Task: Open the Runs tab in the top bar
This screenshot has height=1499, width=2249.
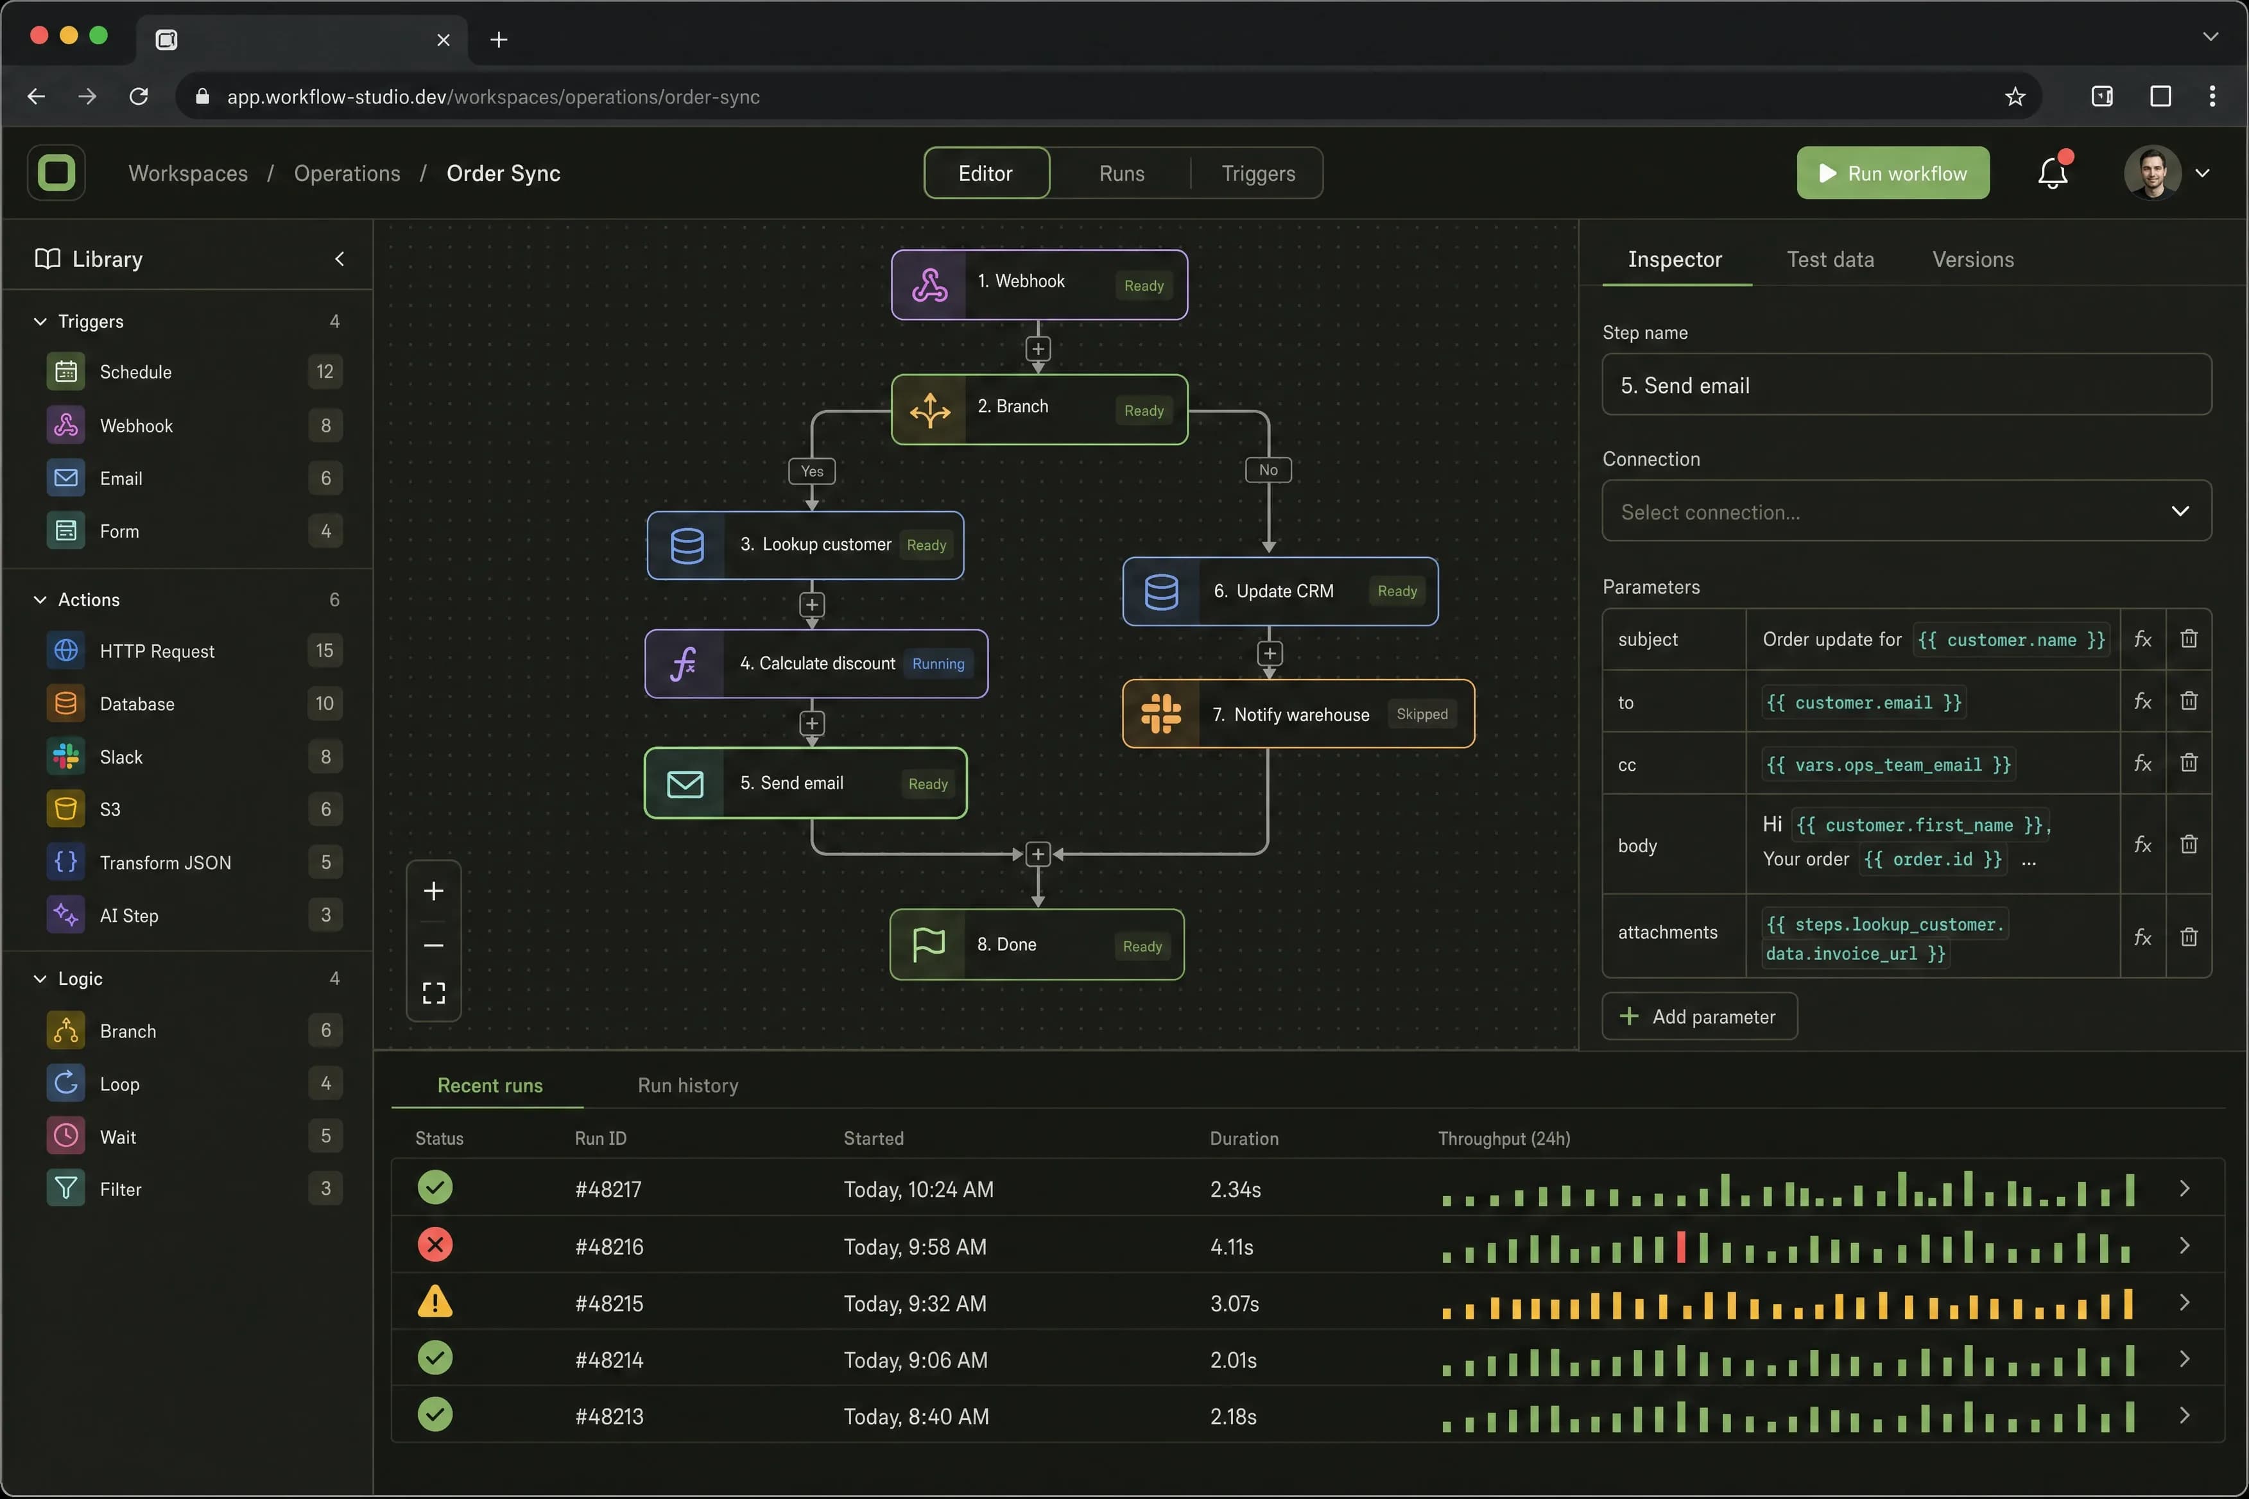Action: [x=1122, y=173]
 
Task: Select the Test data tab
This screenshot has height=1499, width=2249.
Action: [x=1830, y=259]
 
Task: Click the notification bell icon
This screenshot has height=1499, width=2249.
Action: [x=2052, y=173]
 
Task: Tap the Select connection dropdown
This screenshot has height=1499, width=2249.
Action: [x=1906, y=511]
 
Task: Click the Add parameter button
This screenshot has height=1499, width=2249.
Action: [x=1699, y=1016]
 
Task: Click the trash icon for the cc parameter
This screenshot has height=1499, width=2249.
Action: [x=2189, y=763]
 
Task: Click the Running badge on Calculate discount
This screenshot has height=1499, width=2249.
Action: [x=938, y=664]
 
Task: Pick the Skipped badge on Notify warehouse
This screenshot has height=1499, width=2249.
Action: [x=1422, y=714]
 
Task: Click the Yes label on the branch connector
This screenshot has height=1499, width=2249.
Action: [x=812, y=470]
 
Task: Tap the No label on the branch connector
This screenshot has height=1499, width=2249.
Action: [x=1268, y=469]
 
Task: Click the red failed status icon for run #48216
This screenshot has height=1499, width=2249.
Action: [x=435, y=1245]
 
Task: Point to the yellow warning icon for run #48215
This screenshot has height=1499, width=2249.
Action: [x=435, y=1302]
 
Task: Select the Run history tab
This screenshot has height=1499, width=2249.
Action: [x=687, y=1085]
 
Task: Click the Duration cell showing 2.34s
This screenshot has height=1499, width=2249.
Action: [x=1236, y=1189]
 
